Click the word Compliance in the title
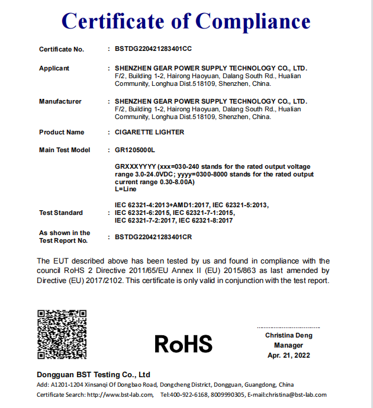(253, 21)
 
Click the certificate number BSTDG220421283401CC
(153, 49)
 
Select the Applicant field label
(54, 68)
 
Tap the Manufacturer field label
(60, 101)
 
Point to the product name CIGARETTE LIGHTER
(150, 132)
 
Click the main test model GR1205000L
(135, 150)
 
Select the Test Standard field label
(61, 213)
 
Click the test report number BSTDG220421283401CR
(153, 237)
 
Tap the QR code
(62, 334)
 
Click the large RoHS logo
(183, 343)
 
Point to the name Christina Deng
(288, 336)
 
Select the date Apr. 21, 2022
(288, 355)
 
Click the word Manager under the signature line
(288, 345)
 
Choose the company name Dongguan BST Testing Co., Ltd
(94, 375)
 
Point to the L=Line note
(126, 189)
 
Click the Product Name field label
(62, 132)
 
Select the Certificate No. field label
(62, 49)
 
